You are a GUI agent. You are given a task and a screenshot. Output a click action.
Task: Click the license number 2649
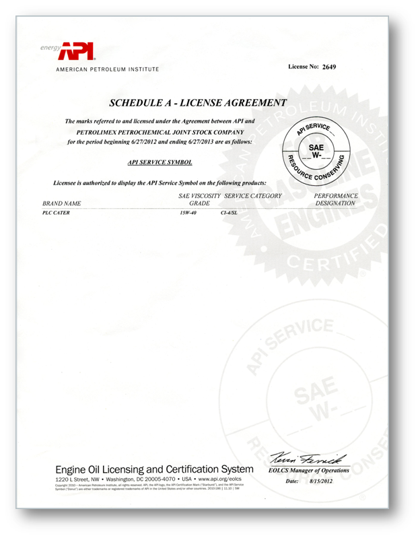pyautogui.click(x=328, y=67)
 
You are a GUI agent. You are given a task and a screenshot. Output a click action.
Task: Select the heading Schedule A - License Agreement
pyautogui.click(x=198, y=103)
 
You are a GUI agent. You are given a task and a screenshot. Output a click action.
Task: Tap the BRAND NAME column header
pyautogui.click(x=62, y=203)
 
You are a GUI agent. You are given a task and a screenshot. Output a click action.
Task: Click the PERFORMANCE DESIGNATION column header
pyautogui.click(x=336, y=199)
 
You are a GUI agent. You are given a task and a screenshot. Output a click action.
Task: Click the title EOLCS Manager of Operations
pyautogui.click(x=309, y=471)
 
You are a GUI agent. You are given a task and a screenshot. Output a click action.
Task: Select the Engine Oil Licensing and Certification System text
pyautogui.click(x=154, y=469)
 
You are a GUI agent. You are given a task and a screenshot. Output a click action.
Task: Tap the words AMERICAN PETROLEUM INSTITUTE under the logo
pyautogui.click(x=108, y=69)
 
